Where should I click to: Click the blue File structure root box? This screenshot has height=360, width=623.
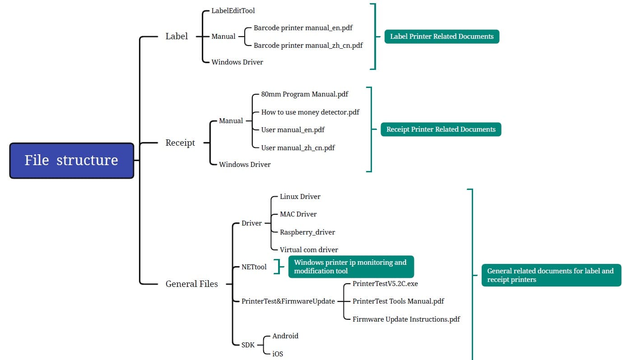point(72,161)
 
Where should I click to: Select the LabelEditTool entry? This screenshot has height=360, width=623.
point(233,11)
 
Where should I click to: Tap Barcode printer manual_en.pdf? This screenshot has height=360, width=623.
point(303,28)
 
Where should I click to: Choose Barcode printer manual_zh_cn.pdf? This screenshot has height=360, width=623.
point(308,46)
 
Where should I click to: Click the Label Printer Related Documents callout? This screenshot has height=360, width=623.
point(442,37)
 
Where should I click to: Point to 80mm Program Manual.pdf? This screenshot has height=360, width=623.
point(305,94)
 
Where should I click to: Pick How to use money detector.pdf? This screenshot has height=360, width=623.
point(310,112)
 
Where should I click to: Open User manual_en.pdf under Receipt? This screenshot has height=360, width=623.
point(293,130)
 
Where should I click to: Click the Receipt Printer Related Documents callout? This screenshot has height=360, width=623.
point(441,129)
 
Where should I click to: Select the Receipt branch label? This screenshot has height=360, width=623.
point(180,143)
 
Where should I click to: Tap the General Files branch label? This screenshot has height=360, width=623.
point(191,284)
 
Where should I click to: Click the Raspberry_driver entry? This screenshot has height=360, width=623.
point(307,232)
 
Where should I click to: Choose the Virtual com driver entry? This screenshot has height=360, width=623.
point(309,249)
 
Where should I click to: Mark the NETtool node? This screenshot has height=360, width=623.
point(254,267)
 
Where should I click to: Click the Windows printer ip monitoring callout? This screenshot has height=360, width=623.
point(351,267)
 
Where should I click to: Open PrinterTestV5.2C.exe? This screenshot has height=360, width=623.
point(385,284)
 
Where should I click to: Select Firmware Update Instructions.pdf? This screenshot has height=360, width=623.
point(406,319)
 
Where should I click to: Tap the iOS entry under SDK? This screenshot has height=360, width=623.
point(278,354)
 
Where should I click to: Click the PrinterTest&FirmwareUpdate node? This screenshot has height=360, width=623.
point(288,301)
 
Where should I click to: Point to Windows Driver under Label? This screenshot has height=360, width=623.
point(237,62)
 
